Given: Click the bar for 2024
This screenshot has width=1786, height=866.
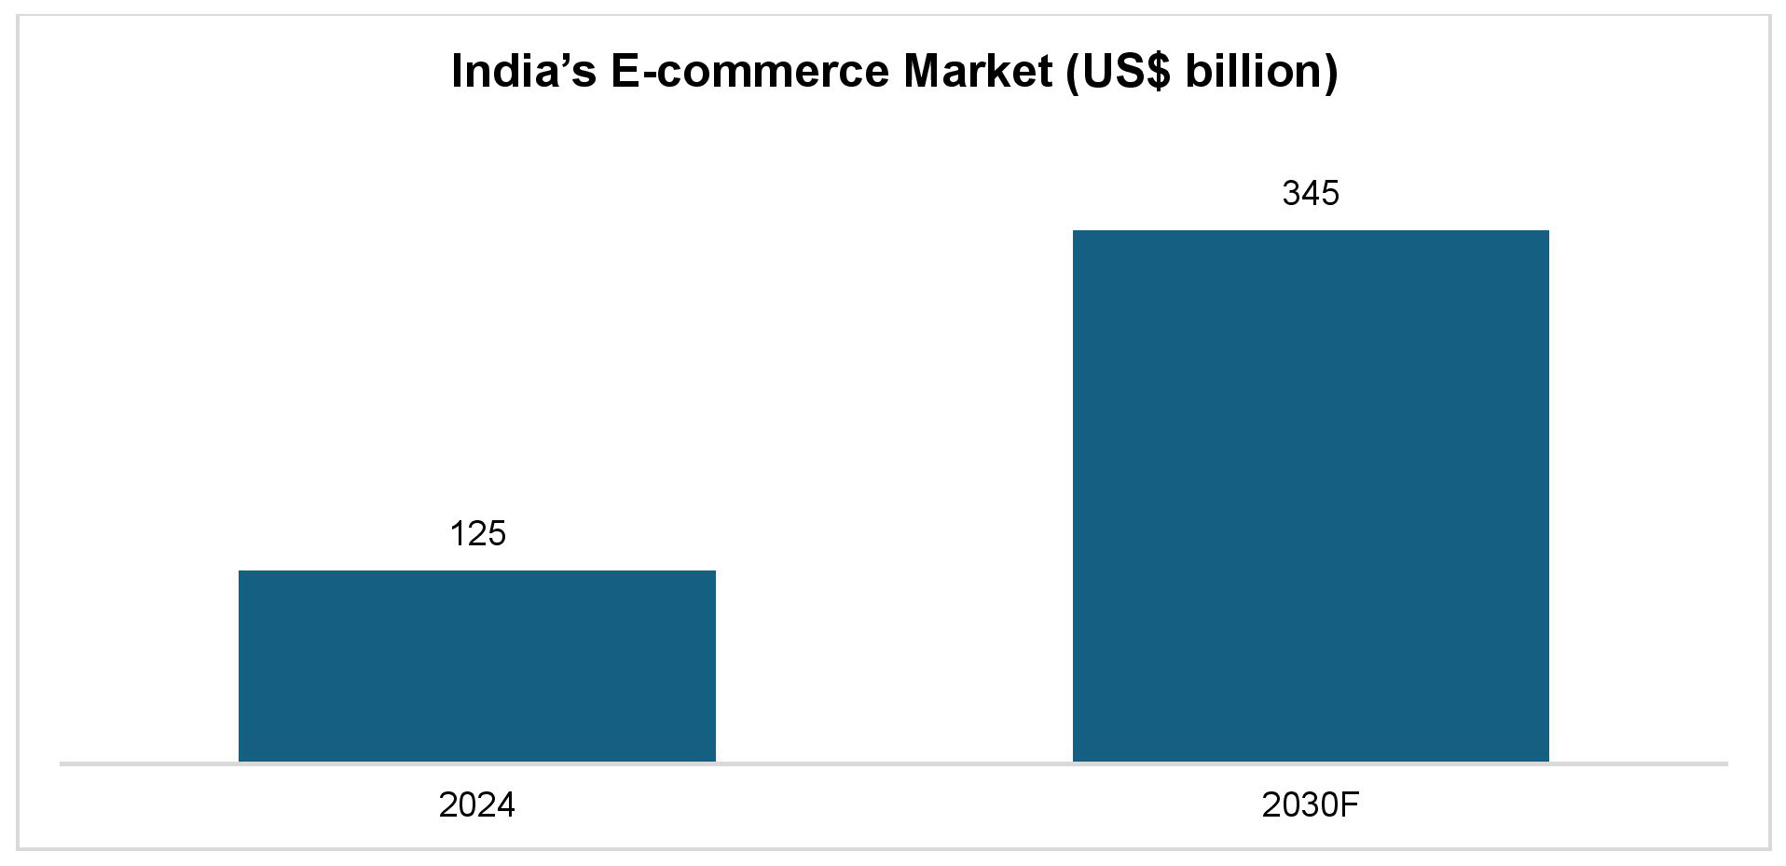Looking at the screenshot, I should tap(476, 666).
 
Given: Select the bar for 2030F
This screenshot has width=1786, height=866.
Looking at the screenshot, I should tap(1310, 495).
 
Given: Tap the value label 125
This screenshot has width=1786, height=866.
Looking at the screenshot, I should tap(477, 534).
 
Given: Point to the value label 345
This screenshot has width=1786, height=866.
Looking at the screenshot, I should tap(1310, 194).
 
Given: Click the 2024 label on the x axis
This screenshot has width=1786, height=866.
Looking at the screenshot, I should tap(476, 804).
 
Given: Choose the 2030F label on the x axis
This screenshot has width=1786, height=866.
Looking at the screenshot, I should tap(1310, 804).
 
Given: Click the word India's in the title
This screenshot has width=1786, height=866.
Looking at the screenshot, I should tap(523, 71).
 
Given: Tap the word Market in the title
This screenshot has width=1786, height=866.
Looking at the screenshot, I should tap(978, 71).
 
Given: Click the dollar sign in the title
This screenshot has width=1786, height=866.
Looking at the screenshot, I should tap(1157, 72).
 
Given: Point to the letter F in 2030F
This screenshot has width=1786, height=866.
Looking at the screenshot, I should tap(1349, 804).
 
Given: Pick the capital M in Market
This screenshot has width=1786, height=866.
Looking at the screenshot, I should tap(922, 71).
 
